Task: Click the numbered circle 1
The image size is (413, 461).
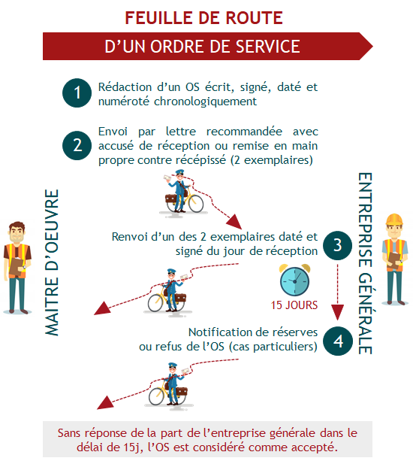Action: pos(77,93)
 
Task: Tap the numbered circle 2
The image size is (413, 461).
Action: pos(77,146)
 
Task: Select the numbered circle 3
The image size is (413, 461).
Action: pos(338,245)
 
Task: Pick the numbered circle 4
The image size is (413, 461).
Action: pos(338,341)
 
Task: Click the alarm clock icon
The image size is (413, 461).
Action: pos(294,280)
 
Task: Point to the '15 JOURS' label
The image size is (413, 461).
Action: pos(294,305)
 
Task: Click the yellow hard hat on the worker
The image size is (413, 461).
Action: pos(394,220)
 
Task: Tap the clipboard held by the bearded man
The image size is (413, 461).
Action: pos(16,267)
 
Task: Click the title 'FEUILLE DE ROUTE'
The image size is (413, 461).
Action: pos(204,17)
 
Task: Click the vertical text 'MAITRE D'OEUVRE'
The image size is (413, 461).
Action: pos(52,262)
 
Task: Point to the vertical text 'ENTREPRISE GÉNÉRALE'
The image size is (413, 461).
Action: pos(365,263)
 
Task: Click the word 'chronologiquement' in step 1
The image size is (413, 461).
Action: pos(205,102)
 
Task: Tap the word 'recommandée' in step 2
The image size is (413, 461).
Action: pos(244,132)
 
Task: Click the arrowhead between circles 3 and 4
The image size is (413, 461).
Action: pos(338,312)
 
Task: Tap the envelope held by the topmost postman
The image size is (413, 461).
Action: pos(168,178)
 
